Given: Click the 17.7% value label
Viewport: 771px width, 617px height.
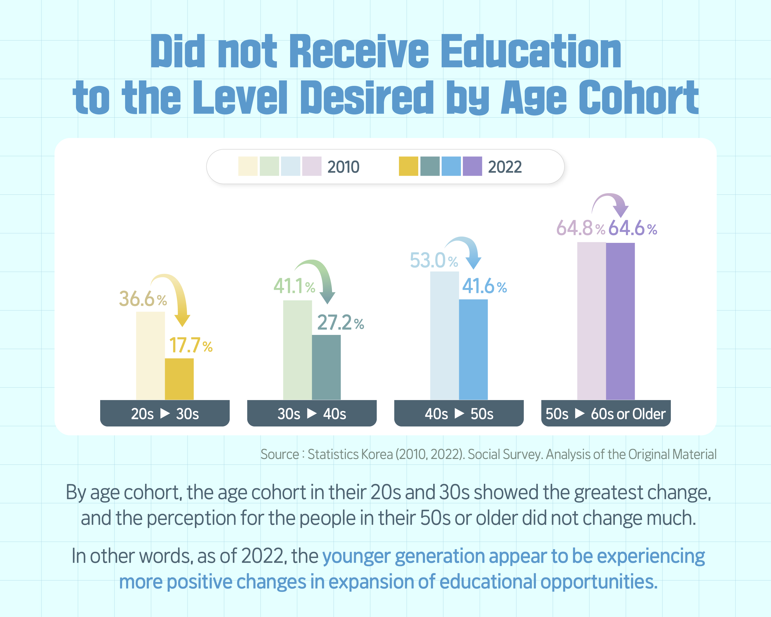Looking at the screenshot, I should [x=191, y=346].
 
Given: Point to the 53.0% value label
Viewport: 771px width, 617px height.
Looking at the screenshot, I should [x=433, y=260].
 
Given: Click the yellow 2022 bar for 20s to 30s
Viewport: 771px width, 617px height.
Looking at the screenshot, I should [x=179, y=379].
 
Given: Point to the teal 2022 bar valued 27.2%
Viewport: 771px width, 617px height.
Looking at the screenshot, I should [x=326, y=367].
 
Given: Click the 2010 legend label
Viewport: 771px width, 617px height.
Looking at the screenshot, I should [x=343, y=167].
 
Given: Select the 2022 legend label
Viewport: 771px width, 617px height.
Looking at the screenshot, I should [x=505, y=167].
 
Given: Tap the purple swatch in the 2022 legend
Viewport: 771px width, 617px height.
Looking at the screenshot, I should [x=472, y=166].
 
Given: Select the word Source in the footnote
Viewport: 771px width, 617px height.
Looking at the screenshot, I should [x=279, y=454].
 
